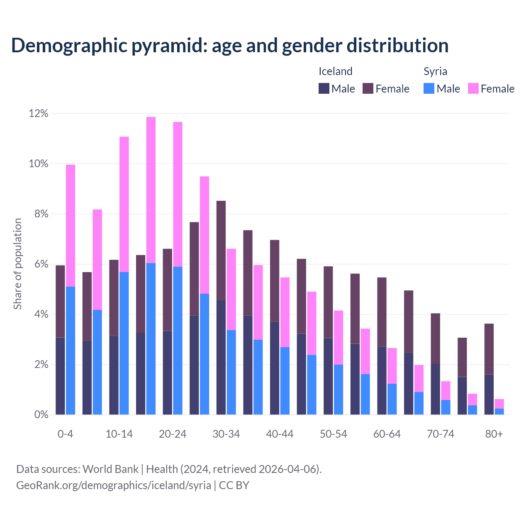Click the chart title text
[x=230, y=46]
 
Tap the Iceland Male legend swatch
[x=324, y=88]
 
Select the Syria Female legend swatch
[x=473, y=88]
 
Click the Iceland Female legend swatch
[x=368, y=88]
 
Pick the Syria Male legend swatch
[x=429, y=88]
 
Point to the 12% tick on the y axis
[x=39, y=114]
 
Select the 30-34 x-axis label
[x=226, y=434]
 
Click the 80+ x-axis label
[x=494, y=434]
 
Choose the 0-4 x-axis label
[x=66, y=434]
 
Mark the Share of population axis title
[x=17, y=264]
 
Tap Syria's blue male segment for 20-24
[x=178, y=340]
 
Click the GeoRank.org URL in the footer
[x=114, y=485]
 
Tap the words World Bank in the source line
[x=110, y=469]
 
